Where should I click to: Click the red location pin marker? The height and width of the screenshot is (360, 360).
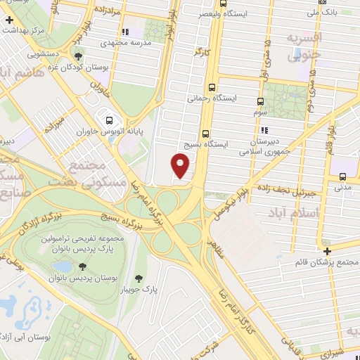pyautogui.click(x=181, y=165)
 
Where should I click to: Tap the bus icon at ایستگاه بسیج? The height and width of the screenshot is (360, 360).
pyautogui.click(x=205, y=133)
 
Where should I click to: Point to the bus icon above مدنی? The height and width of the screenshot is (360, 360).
pyautogui.click(x=342, y=176)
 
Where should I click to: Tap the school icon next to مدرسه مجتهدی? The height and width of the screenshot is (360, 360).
pyautogui.click(x=125, y=32)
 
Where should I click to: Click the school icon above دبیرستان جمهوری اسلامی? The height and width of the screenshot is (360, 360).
pyautogui.click(x=264, y=130)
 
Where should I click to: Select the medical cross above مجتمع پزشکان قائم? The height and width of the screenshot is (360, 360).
pyautogui.click(x=327, y=251)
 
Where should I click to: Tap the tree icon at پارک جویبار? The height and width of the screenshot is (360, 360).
pyautogui.click(x=138, y=278)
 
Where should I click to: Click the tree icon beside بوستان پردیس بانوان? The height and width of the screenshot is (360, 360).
pyautogui.click(x=83, y=266)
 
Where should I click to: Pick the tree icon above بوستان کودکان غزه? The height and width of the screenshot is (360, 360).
pyautogui.click(x=78, y=57)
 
